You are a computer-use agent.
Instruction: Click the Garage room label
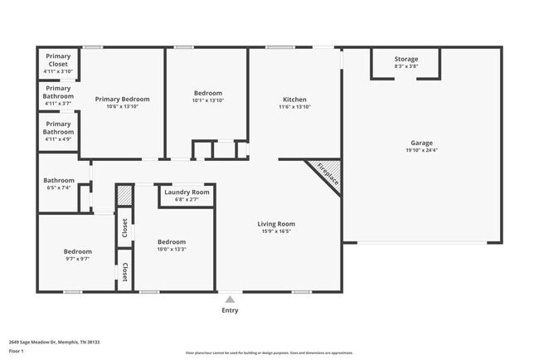[x=421, y=143]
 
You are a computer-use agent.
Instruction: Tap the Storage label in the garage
[x=405, y=59]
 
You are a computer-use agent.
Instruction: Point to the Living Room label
[x=276, y=223]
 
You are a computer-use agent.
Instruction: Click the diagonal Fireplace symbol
[x=323, y=175]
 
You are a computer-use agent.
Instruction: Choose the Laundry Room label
[x=187, y=192]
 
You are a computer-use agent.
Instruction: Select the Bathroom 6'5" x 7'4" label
[x=59, y=180]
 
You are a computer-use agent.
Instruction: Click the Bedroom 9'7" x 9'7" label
[x=76, y=251]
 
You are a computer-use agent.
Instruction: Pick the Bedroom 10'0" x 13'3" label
[x=172, y=242]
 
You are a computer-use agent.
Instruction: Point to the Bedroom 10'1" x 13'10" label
[x=207, y=94]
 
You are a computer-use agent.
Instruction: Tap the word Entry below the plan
[x=230, y=310]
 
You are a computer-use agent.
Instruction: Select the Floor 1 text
[x=17, y=351]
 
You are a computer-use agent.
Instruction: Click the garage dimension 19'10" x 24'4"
[x=421, y=150]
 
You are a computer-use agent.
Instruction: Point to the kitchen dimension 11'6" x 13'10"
[x=294, y=107]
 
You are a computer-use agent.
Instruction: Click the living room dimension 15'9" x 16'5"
[x=276, y=231]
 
